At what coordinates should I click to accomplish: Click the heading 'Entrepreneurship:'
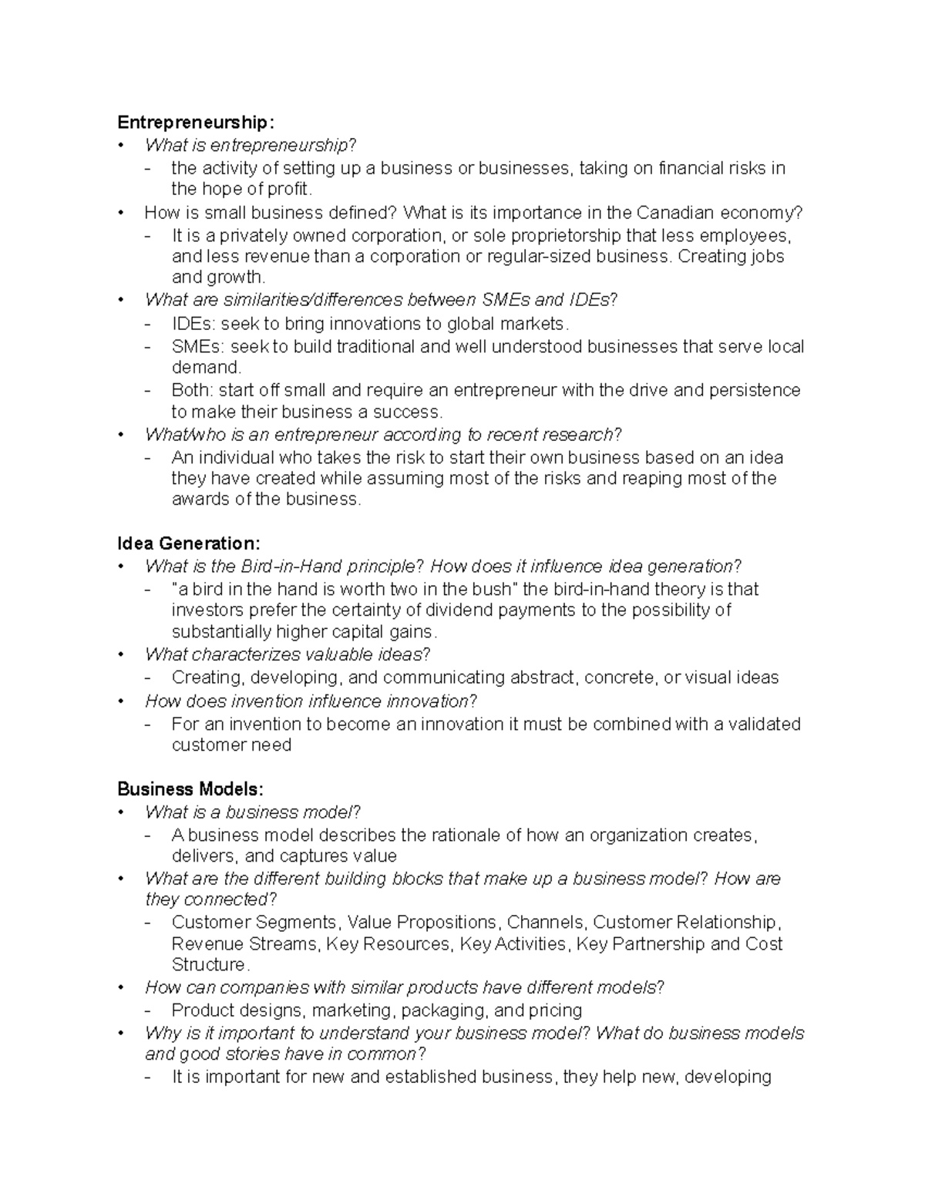pos(195,123)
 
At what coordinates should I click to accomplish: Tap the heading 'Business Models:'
pos(190,789)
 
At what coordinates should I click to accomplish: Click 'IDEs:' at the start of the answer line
pos(193,324)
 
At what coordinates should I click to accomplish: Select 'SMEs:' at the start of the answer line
pos(197,347)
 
